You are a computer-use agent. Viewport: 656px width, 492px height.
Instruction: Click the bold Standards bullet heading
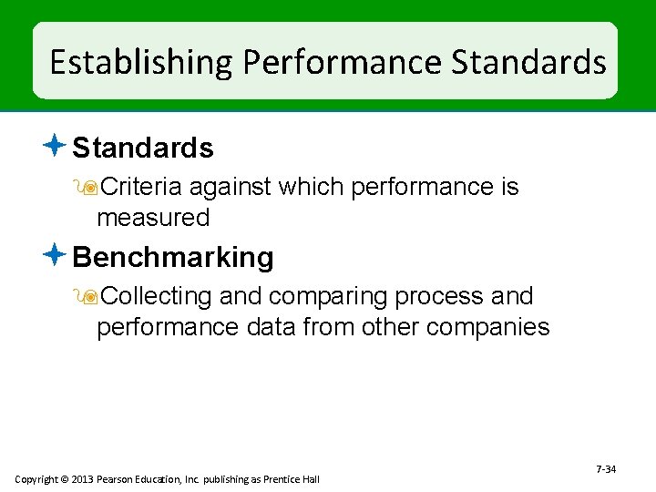coord(143,148)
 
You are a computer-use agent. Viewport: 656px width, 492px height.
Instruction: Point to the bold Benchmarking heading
coord(173,258)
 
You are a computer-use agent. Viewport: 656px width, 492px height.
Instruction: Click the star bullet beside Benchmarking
coord(55,256)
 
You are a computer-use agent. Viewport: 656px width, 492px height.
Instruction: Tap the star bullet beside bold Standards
coord(55,146)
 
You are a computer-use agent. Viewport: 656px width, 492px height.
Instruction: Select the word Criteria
coord(140,188)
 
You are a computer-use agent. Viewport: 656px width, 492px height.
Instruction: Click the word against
coord(231,188)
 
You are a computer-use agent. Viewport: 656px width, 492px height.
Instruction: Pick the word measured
coord(153,219)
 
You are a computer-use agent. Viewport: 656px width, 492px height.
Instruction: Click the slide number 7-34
coord(606,469)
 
